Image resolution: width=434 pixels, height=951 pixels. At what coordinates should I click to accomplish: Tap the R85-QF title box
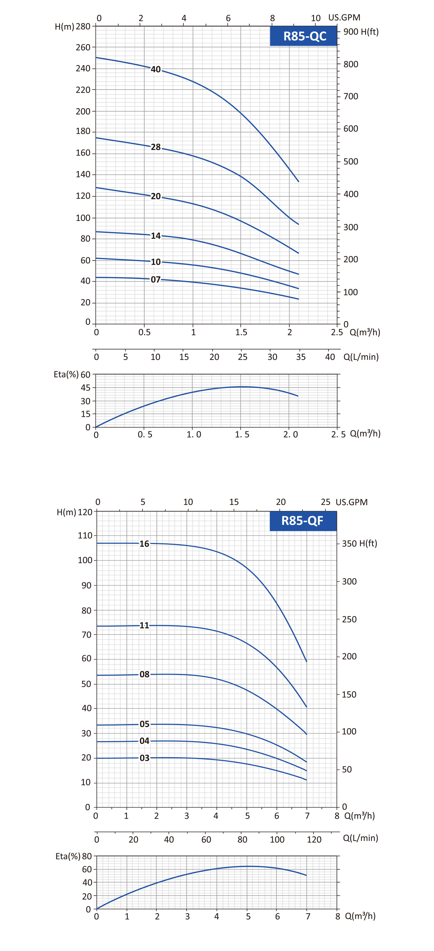[303, 521]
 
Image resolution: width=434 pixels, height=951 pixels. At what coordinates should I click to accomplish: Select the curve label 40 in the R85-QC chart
[156, 70]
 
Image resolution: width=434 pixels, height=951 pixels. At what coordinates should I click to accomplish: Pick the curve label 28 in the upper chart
[156, 147]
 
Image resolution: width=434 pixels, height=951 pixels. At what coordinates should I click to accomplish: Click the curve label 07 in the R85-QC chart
[156, 280]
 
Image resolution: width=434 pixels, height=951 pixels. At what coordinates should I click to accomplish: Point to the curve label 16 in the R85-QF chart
[144, 544]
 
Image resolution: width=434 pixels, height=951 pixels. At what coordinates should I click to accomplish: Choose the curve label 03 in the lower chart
[144, 758]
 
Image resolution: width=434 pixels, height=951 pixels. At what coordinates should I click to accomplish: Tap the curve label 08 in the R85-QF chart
[144, 674]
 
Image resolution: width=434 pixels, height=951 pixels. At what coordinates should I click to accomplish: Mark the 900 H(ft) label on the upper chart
[361, 32]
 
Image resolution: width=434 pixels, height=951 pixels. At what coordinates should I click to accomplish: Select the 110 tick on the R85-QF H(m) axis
[85, 536]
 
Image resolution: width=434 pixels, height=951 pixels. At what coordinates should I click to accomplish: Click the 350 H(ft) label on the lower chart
[359, 543]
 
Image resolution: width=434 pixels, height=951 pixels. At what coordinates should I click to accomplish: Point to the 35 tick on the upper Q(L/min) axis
[300, 357]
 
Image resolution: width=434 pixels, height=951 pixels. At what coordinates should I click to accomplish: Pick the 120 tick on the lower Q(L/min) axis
[314, 839]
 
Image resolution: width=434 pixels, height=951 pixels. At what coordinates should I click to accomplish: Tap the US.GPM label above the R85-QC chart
[344, 17]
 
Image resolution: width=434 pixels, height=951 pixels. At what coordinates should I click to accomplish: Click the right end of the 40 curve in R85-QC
[298, 181]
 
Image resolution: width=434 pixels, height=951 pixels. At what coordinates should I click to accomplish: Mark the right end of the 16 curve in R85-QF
[306, 661]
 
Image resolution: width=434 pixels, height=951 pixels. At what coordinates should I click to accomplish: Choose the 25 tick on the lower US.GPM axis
[325, 502]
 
